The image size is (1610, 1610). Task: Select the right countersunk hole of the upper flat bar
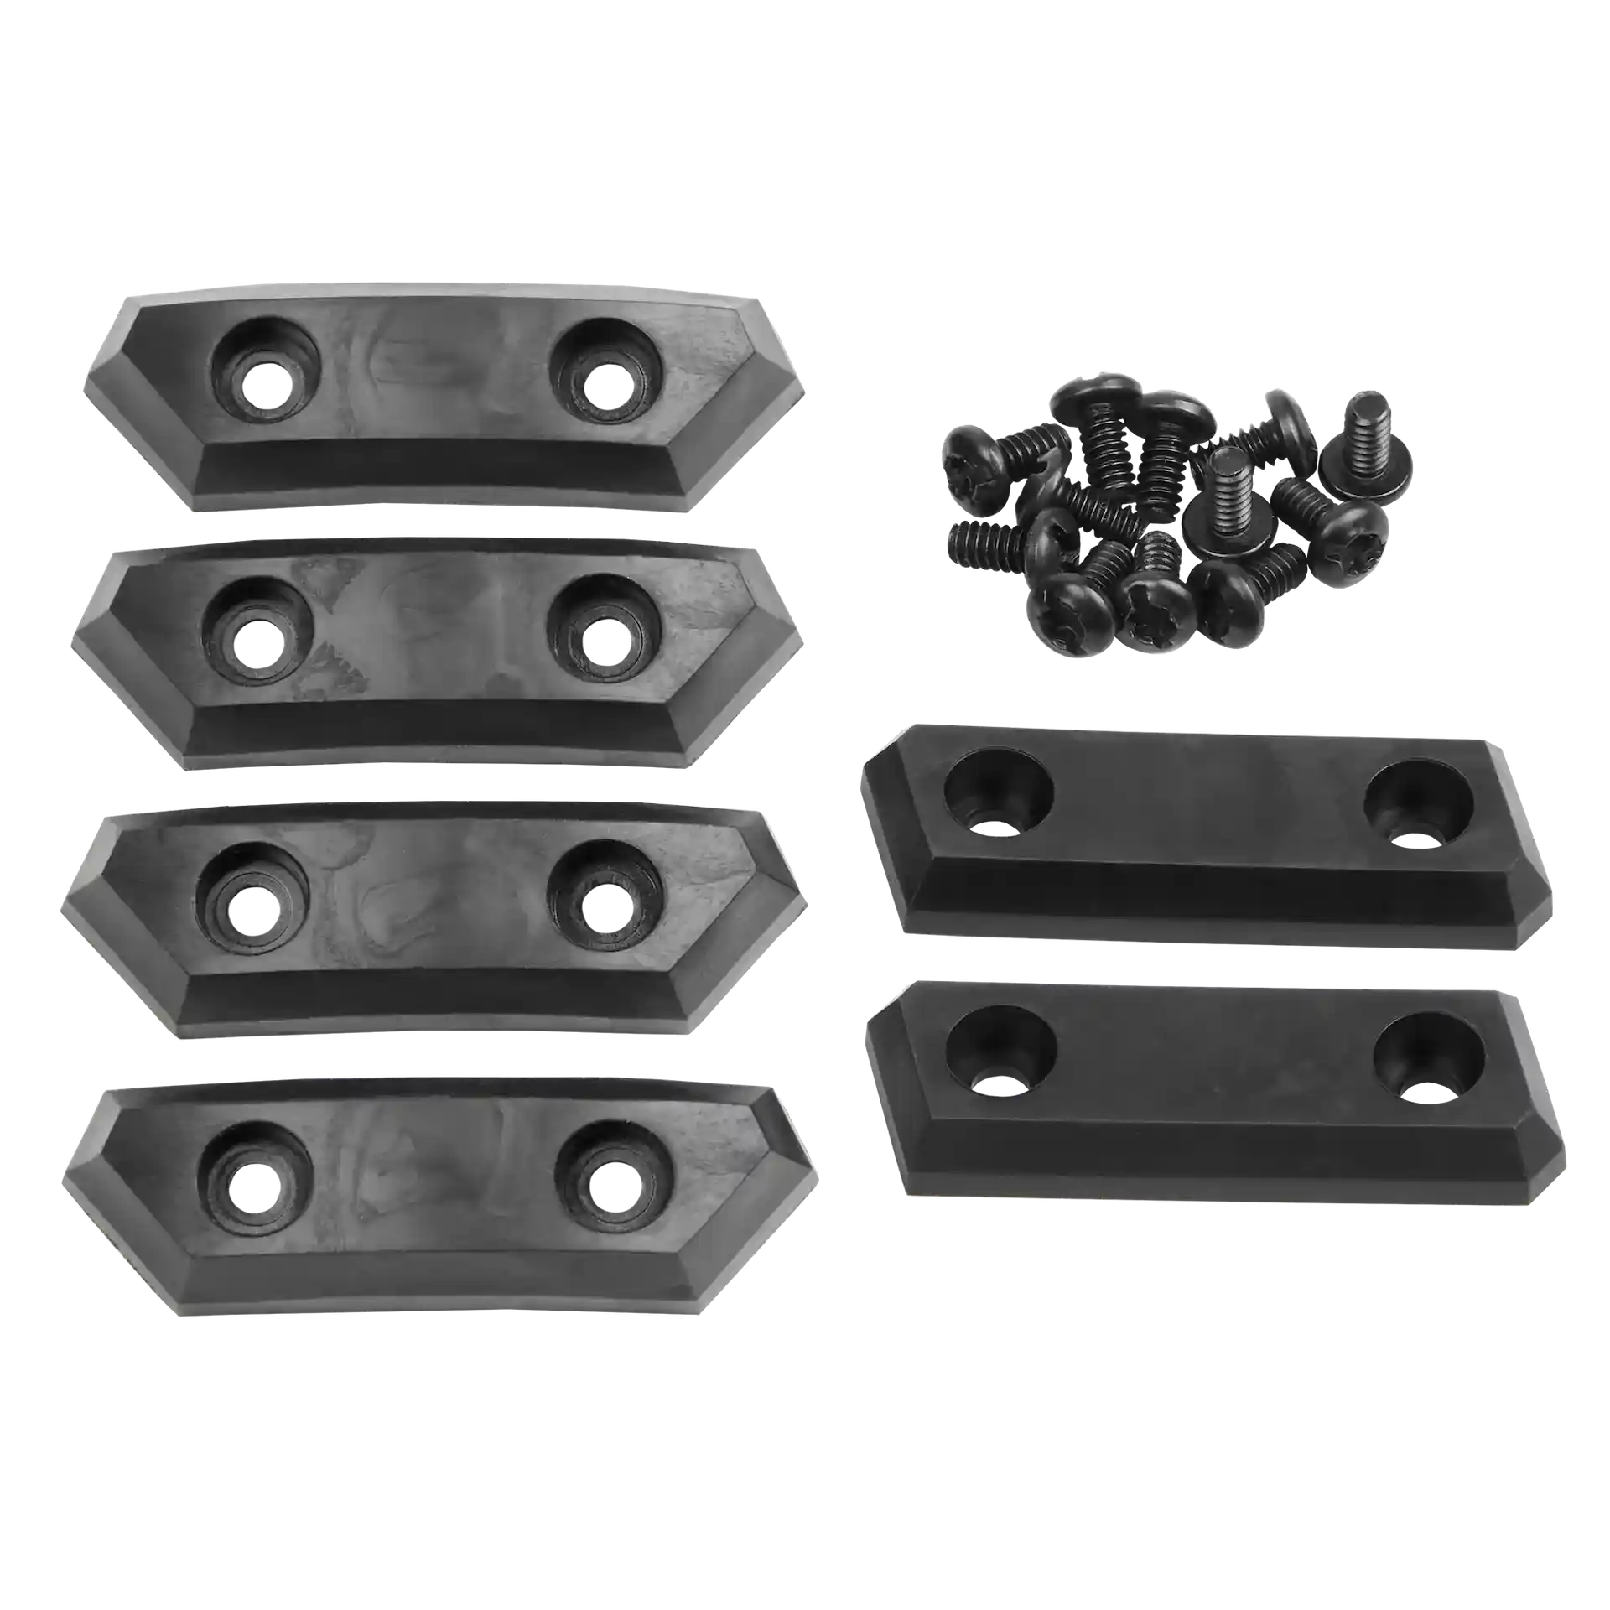click(1419, 803)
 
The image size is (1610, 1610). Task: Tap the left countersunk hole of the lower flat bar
click(1000, 1054)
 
